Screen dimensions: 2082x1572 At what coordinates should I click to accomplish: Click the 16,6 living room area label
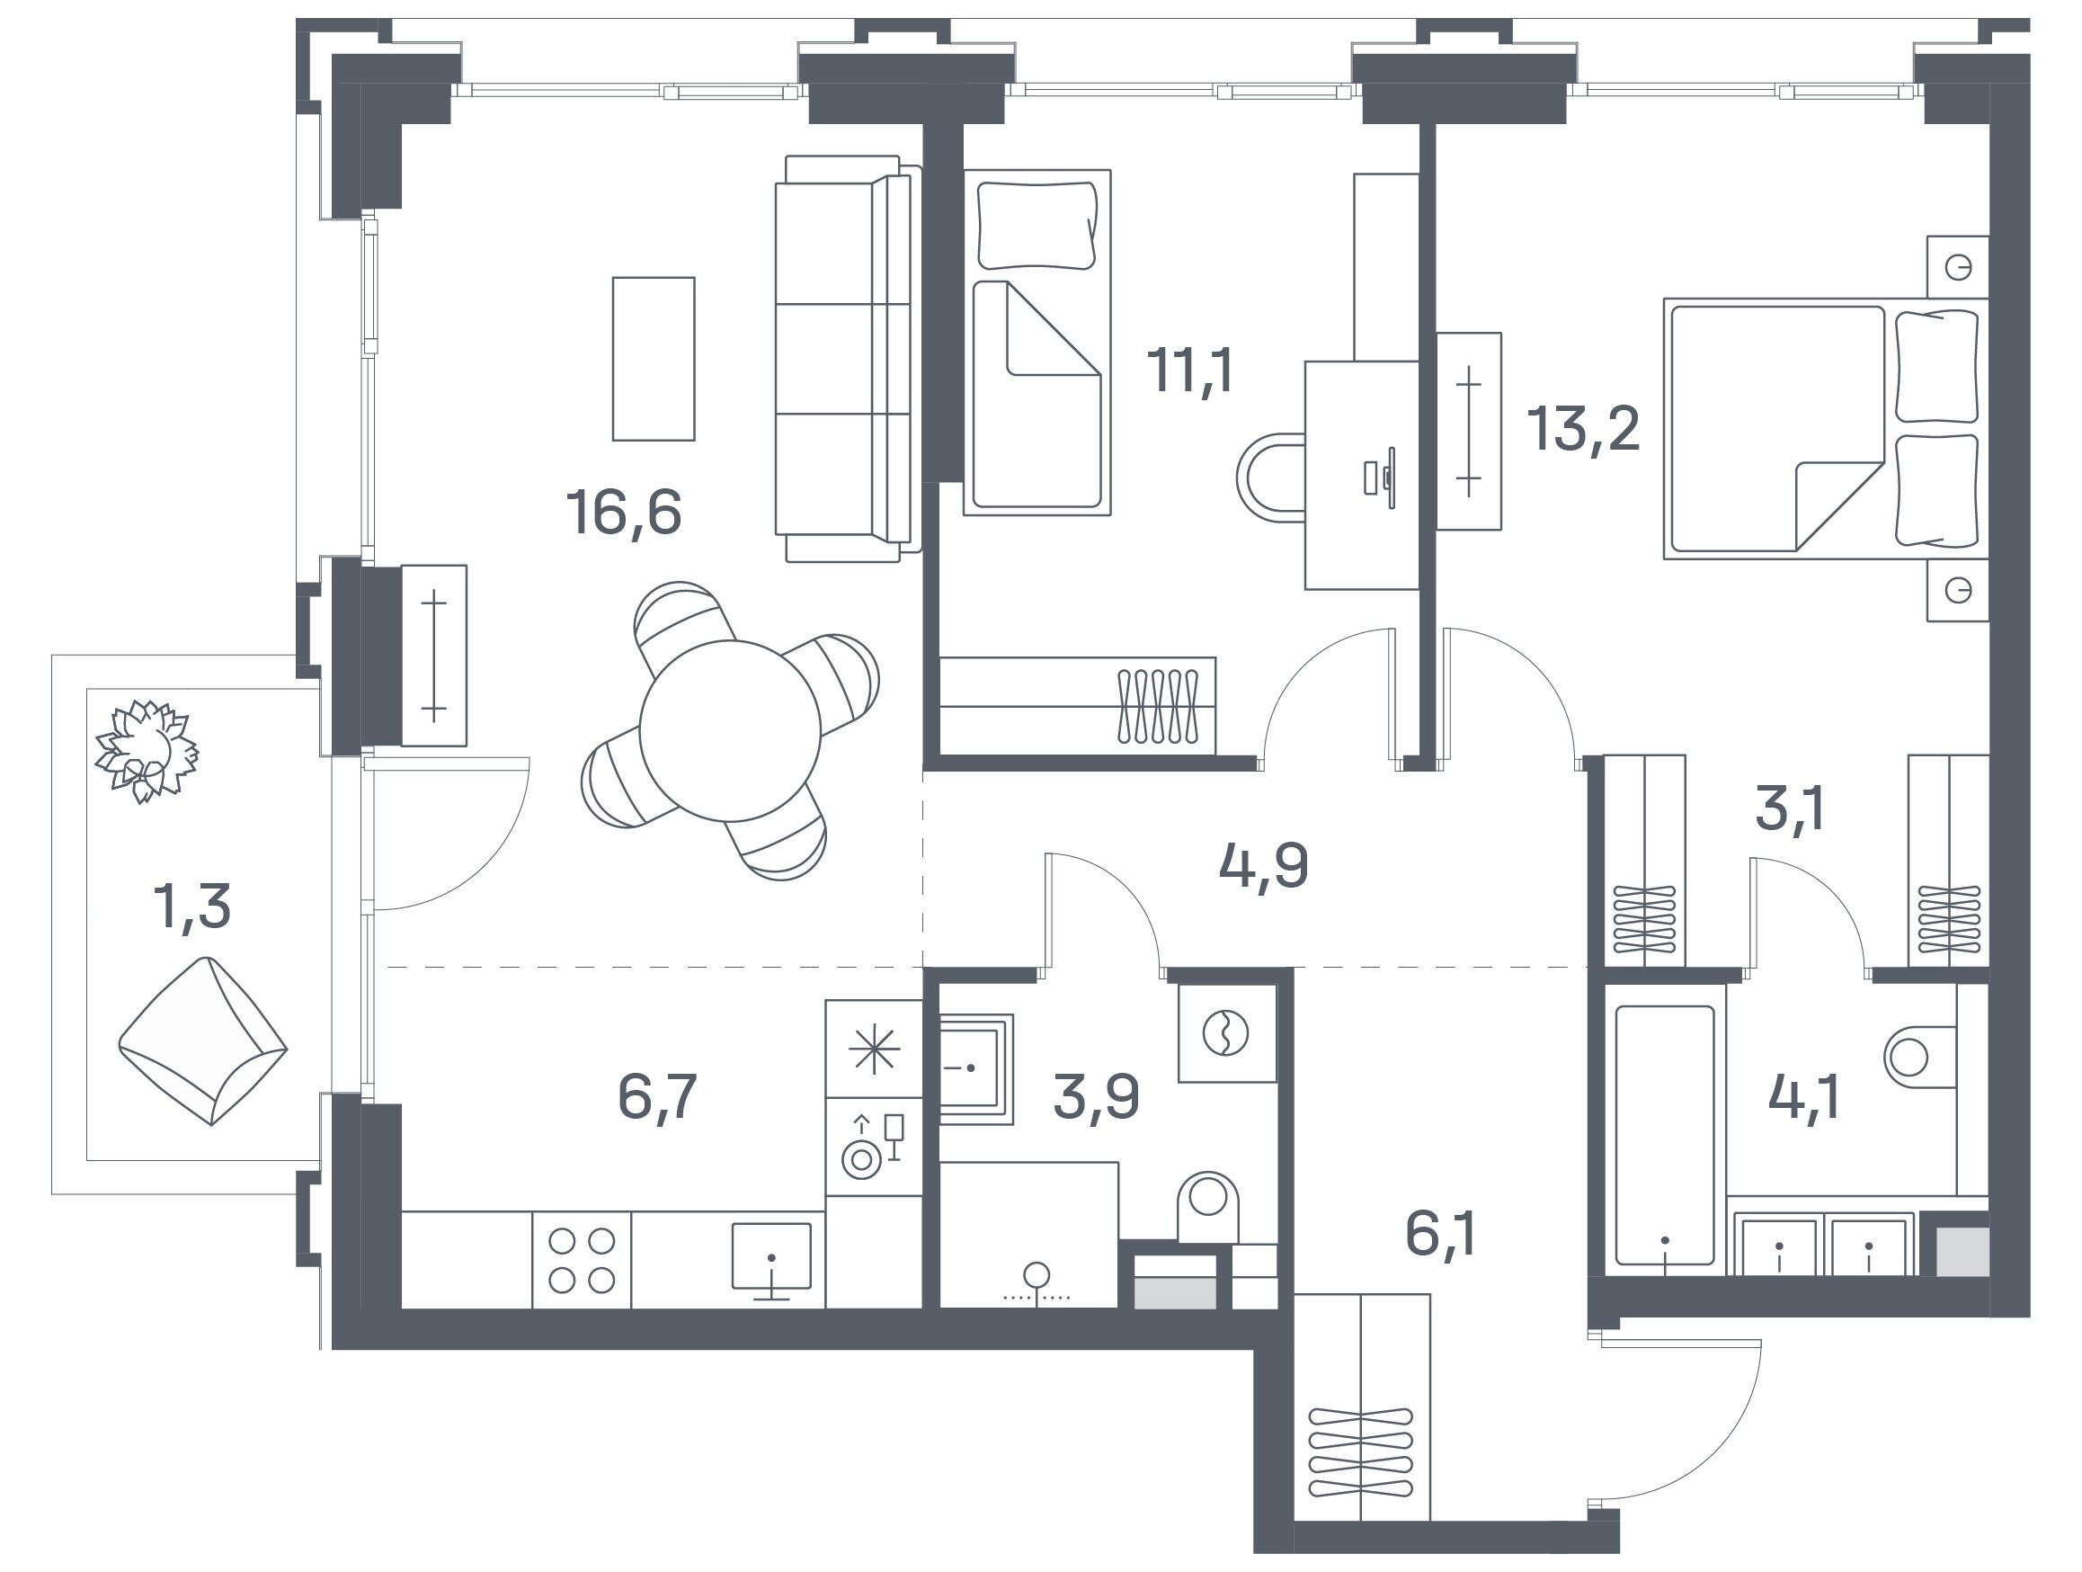pyautogui.click(x=623, y=513)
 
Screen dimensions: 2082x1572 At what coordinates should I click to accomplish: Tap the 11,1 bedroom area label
pyautogui.click(x=1189, y=370)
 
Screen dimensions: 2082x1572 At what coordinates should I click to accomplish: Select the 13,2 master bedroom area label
pyautogui.click(x=1584, y=429)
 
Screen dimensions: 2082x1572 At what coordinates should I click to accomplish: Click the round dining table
pyautogui.click(x=729, y=730)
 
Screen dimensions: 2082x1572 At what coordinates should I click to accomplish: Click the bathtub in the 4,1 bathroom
pyautogui.click(x=1665, y=1134)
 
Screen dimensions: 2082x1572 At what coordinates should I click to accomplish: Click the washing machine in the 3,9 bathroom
pyautogui.click(x=1227, y=1033)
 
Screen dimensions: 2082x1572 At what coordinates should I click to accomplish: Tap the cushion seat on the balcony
pyautogui.click(x=202, y=1041)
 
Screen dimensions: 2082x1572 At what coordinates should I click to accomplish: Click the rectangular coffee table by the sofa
pyautogui.click(x=654, y=359)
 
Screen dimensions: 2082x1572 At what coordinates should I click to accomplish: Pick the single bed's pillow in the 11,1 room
pyautogui.click(x=1037, y=226)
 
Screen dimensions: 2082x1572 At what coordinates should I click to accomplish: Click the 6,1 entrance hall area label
pyautogui.click(x=1440, y=1235)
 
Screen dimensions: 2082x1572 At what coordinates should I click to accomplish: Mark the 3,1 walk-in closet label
pyautogui.click(x=1790, y=809)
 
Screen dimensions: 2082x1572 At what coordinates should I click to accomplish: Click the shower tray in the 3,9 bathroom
pyautogui.click(x=976, y=1070)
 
